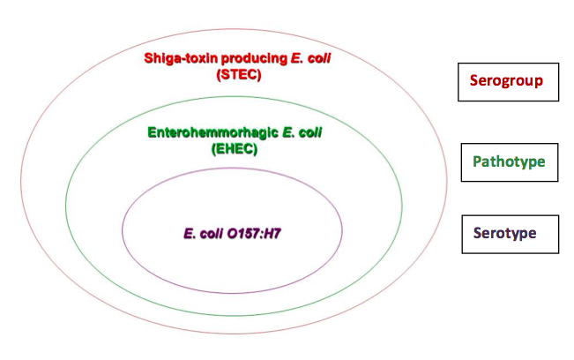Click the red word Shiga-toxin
[x=182, y=58]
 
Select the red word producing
[x=255, y=59]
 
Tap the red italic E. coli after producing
[x=310, y=58]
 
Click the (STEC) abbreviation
[x=239, y=75]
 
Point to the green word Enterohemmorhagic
[x=213, y=133]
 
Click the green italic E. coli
[x=302, y=132]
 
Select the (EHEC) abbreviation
[x=235, y=149]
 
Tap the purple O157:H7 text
[x=254, y=234]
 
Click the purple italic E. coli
[x=203, y=234]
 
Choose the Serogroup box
[x=508, y=82]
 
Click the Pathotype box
[x=510, y=162]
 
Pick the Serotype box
[x=511, y=235]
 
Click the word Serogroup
[x=506, y=81]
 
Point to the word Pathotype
[x=509, y=161]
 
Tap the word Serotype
[x=505, y=233]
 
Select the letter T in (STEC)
[x=235, y=75]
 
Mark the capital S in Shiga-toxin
[x=149, y=58]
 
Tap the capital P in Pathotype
[x=477, y=161]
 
